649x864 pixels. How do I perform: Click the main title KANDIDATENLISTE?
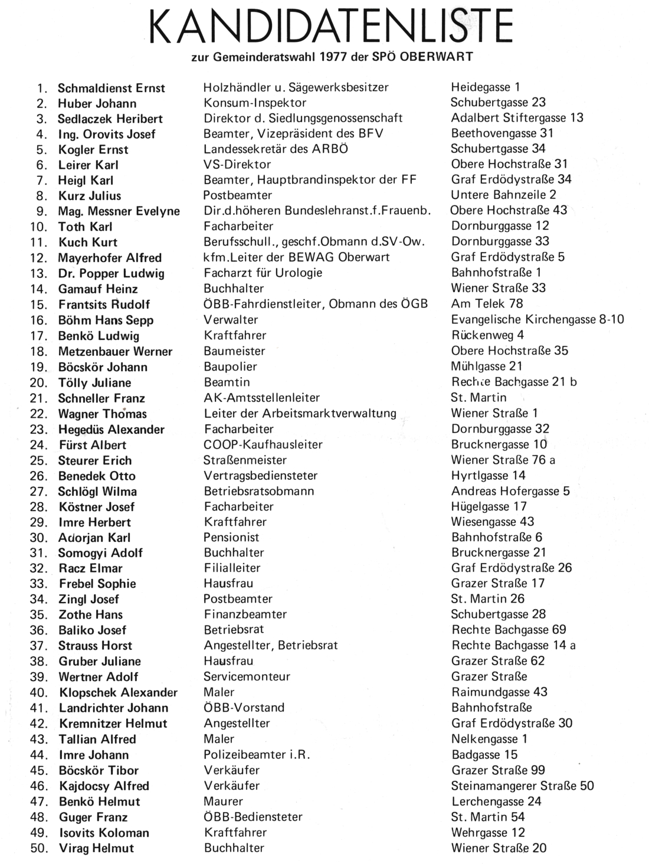coord(331,27)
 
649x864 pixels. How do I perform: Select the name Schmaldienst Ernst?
coord(111,89)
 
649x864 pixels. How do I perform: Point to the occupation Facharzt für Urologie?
coord(263,273)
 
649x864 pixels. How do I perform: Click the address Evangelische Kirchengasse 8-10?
coord(537,319)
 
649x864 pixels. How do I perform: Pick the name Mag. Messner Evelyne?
coord(119,211)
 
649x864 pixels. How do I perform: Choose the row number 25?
coord(40,461)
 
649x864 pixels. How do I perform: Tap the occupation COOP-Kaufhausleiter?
coord(263,444)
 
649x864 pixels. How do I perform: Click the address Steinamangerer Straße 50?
coord(522,786)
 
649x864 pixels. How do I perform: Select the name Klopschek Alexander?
coord(118,692)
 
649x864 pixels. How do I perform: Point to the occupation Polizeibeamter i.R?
coord(257,754)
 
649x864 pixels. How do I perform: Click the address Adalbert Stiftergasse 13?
coord(517,117)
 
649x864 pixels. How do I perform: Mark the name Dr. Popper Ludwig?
coord(111,273)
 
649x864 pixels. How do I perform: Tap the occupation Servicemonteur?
coord(247,676)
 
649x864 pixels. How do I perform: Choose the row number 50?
coord(40,849)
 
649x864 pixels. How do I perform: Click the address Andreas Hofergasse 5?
coord(510,491)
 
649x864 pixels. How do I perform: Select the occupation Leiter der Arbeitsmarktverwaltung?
coord(300,413)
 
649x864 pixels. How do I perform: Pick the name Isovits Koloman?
coord(104,833)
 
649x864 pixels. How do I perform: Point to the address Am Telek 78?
coord(487,303)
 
